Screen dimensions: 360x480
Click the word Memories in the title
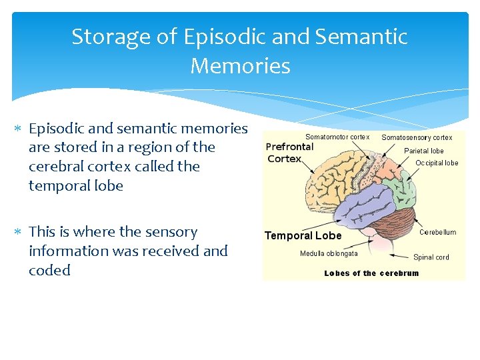click(240, 66)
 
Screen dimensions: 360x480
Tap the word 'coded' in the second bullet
click(49, 271)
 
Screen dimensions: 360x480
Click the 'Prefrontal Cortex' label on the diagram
click(289, 152)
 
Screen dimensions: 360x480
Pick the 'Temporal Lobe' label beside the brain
click(303, 235)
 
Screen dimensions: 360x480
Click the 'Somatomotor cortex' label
click(337, 137)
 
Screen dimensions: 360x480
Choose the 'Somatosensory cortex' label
click(417, 137)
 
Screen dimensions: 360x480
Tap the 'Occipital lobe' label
click(437, 163)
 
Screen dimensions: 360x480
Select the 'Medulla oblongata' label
click(329, 253)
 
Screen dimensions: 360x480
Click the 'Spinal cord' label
click(431, 257)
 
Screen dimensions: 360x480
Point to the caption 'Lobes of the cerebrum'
click(371, 273)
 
